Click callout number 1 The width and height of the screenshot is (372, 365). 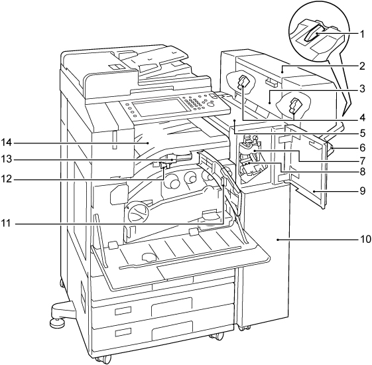click(x=362, y=35)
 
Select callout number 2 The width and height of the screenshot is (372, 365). click(x=362, y=66)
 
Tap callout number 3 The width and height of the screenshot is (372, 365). click(x=362, y=89)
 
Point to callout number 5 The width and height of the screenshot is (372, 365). click(x=362, y=133)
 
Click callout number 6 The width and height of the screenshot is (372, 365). click(x=362, y=148)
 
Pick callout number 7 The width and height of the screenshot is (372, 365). click(x=362, y=161)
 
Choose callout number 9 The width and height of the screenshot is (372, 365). click(x=362, y=191)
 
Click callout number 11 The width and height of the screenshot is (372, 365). click(x=7, y=224)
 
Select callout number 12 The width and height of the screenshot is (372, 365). click(x=7, y=179)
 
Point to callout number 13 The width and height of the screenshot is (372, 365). click(x=7, y=159)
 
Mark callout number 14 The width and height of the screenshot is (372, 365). click(x=7, y=143)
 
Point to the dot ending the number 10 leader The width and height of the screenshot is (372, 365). click(x=277, y=240)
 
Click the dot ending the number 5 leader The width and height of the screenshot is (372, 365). click(x=235, y=121)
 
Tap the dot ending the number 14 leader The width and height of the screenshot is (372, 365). click(x=148, y=143)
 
